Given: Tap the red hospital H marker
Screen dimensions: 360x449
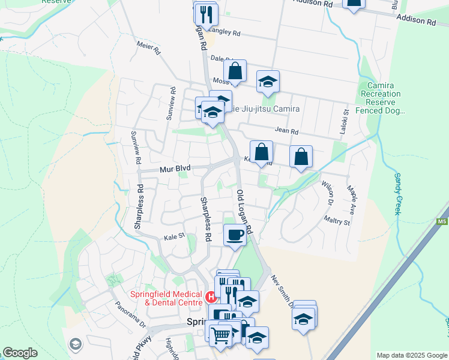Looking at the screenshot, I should pyautogui.click(x=211, y=296).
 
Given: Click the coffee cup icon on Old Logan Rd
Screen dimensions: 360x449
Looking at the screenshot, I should pyautogui.click(x=235, y=234).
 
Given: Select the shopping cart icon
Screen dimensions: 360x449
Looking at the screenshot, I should pyautogui.click(x=220, y=335).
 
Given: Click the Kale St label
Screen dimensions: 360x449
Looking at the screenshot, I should pyautogui.click(x=173, y=238).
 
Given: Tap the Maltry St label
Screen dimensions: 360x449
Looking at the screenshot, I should pyautogui.click(x=337, y=222).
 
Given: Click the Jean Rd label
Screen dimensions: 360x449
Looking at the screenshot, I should pyautogui.click(x=286, y=131).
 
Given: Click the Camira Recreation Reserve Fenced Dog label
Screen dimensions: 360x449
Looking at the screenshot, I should pyautogui.click(x=381, y=98).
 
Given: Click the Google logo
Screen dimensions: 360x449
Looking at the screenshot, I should pyautogui.click(x=20, y=353).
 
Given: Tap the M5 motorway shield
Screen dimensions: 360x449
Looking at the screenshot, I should pyautogui.click(x=442, y=223).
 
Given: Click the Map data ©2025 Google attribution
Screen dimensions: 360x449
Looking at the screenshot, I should pyautogui.click(x=412, y=355).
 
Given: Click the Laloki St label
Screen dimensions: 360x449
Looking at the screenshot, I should pyautogui.click(x=346, y=121).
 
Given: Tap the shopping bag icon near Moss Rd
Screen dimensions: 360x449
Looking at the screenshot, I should pyautogui.click(x=236, y=70).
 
